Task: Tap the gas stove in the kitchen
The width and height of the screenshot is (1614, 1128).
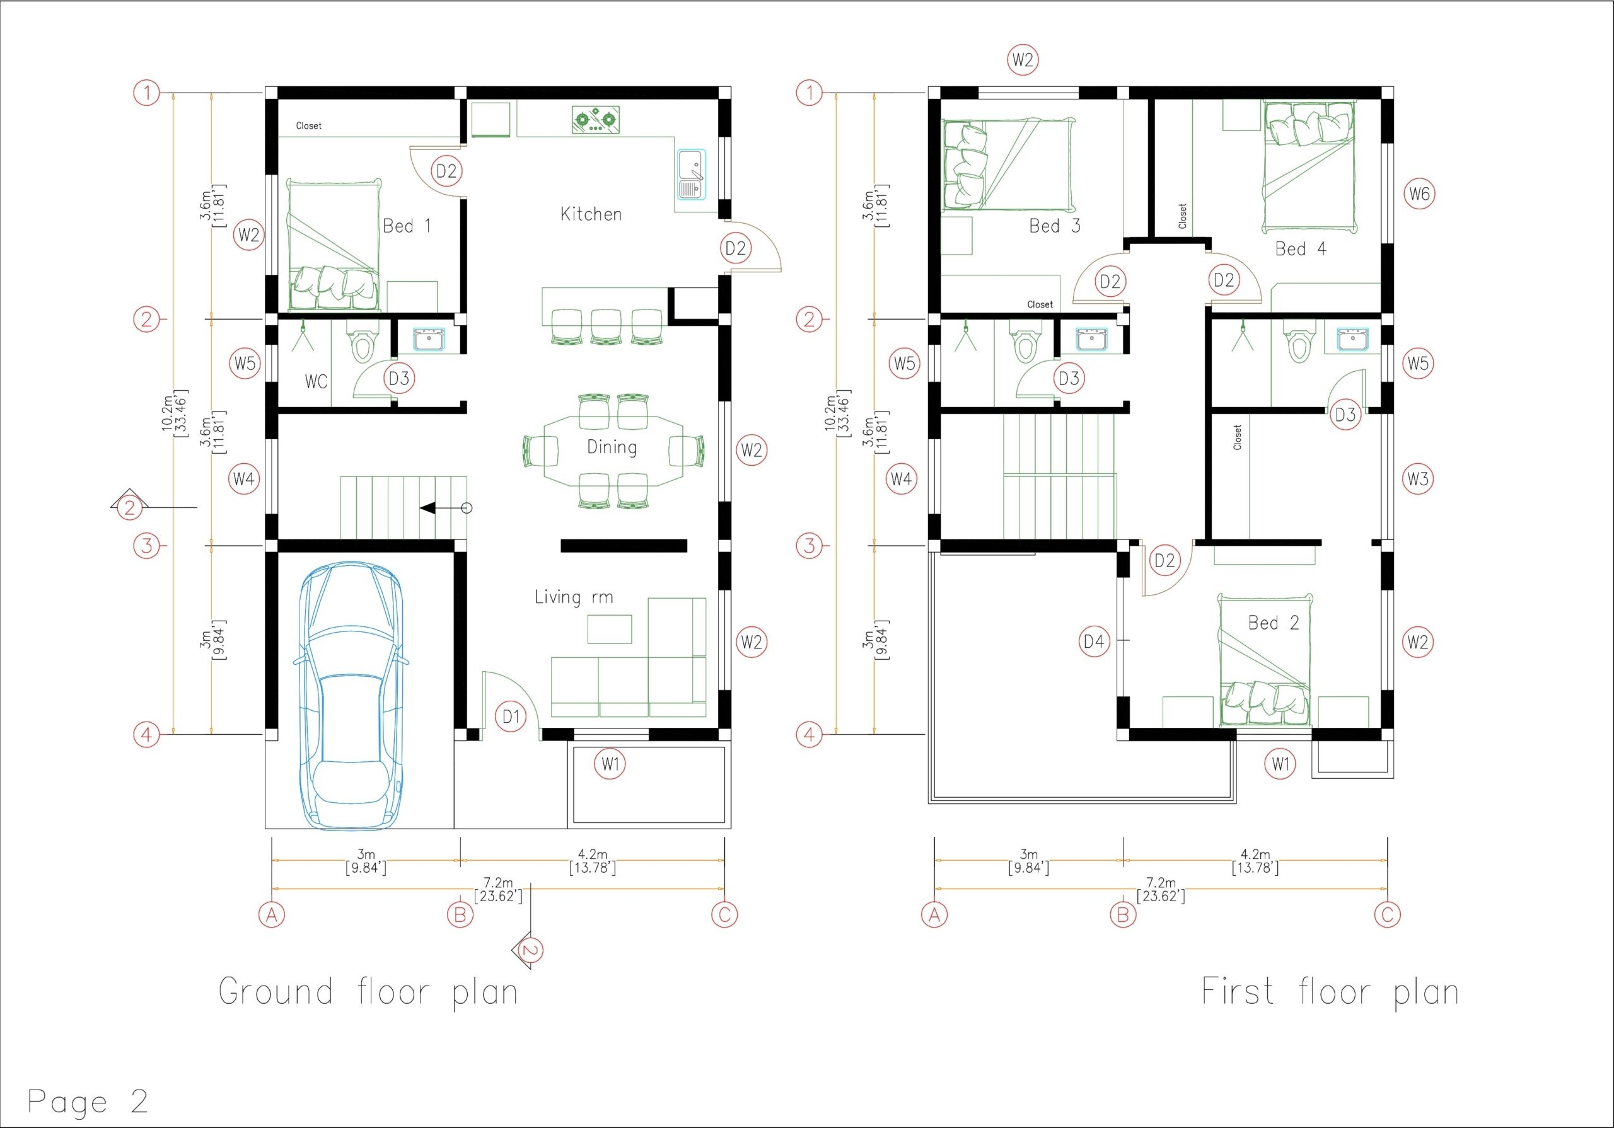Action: pos(595,120)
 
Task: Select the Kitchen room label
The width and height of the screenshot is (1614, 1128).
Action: pos(591,214)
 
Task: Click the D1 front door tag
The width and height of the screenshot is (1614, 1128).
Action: pos(511,717)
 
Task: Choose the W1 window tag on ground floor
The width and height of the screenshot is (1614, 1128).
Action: pos(610,763)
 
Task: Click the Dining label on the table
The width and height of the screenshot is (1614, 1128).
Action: pos(612,447)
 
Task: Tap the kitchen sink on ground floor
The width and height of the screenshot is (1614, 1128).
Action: pos(691,175)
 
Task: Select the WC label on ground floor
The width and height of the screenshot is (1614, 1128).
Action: pos(316,382)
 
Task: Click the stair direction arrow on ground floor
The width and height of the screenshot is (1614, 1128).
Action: pos(436,508)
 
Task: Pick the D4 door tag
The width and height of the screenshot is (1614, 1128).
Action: pos(1094,641)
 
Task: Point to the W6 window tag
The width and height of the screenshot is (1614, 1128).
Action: pos(1419,193)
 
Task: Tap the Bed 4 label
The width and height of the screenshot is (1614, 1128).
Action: pos(1301,249)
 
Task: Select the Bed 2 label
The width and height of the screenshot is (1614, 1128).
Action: pos(1273,623)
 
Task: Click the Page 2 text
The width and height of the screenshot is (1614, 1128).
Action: pos(88,1102)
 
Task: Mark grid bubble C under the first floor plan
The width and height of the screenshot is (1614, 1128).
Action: pos(1387,914)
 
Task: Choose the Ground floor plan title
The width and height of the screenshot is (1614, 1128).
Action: pos(368,993)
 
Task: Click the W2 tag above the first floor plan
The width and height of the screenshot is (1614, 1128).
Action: pos(1023,60)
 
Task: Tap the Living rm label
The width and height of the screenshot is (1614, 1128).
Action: pos(574,597)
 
